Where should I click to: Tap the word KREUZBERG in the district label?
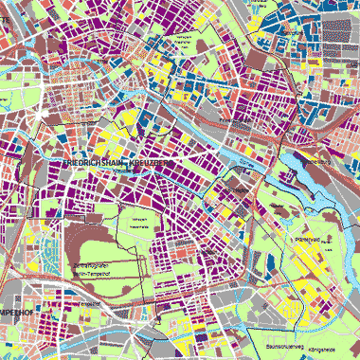(x=151, y=164)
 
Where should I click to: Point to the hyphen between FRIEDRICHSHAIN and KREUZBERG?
(x=128, y=164)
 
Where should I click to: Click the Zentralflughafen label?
(x=93, y=264)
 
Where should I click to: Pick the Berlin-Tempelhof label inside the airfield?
(x=93, y=273)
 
